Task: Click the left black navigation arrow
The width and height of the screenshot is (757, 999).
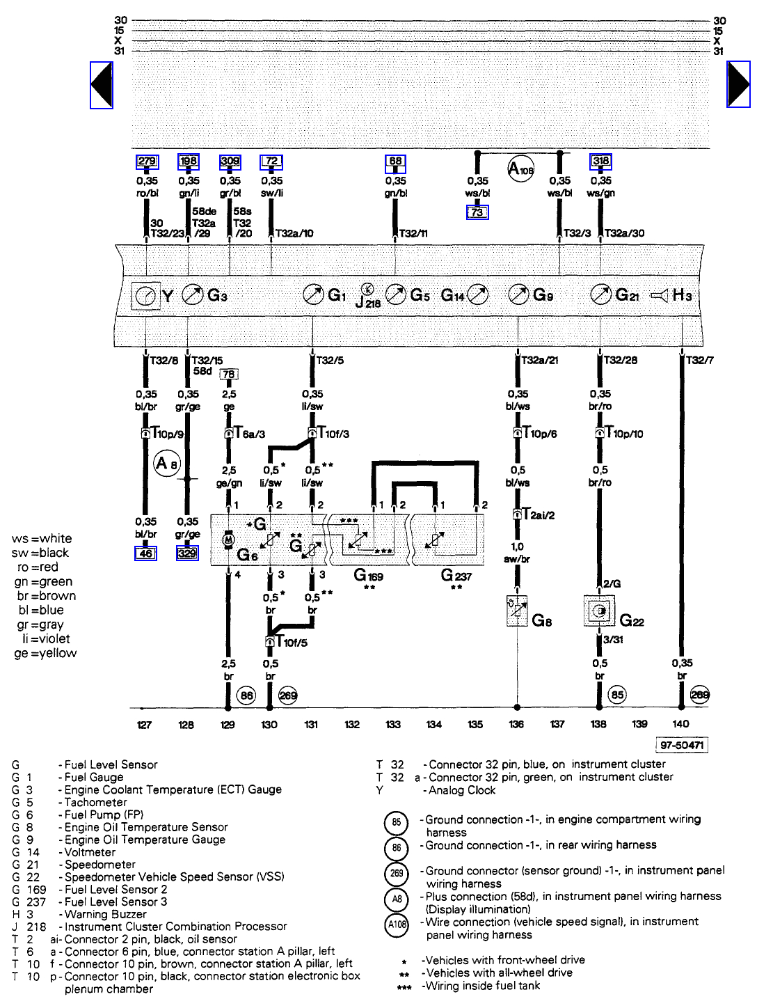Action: click(x=102, y=85)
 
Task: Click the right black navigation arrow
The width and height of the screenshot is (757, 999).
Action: click(x=738, y=84)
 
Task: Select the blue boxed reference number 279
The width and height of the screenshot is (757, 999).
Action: click(x=147, y=162)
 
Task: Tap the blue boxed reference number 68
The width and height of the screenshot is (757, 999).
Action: click(x=395, y=162)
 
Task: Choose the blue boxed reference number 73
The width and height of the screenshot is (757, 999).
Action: click(x=477, y=212)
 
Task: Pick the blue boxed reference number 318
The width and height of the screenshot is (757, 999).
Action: click(x=600, y=162)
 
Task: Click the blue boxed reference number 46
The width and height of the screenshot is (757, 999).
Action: click(x=145, y=553)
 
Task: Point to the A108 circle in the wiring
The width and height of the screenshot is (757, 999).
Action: click(x=520, y=168)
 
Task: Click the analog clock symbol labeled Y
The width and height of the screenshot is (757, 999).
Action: click(x=145, y=296)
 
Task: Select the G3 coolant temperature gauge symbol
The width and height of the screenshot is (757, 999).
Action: click(x=193, y=295)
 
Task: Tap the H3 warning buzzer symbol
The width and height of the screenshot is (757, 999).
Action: click(x=660, y=296)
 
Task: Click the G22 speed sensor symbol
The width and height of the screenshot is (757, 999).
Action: click(x=599, y=611)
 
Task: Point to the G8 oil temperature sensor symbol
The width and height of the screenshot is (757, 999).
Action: click(x=517, y=611)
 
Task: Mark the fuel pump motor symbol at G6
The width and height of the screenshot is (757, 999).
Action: click(x=228, y=540)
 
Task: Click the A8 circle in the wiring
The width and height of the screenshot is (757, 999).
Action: click(x=167, y=463)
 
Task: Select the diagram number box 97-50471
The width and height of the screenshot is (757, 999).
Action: click(x=682, y=746)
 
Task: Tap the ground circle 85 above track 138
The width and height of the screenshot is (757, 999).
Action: click(x=617, y=694)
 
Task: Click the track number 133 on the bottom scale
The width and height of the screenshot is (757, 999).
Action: click(x=393, y=725)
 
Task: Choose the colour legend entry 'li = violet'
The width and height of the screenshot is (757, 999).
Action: click(x=46, y=639)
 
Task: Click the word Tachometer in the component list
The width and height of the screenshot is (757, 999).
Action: click(x=96, y=802)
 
